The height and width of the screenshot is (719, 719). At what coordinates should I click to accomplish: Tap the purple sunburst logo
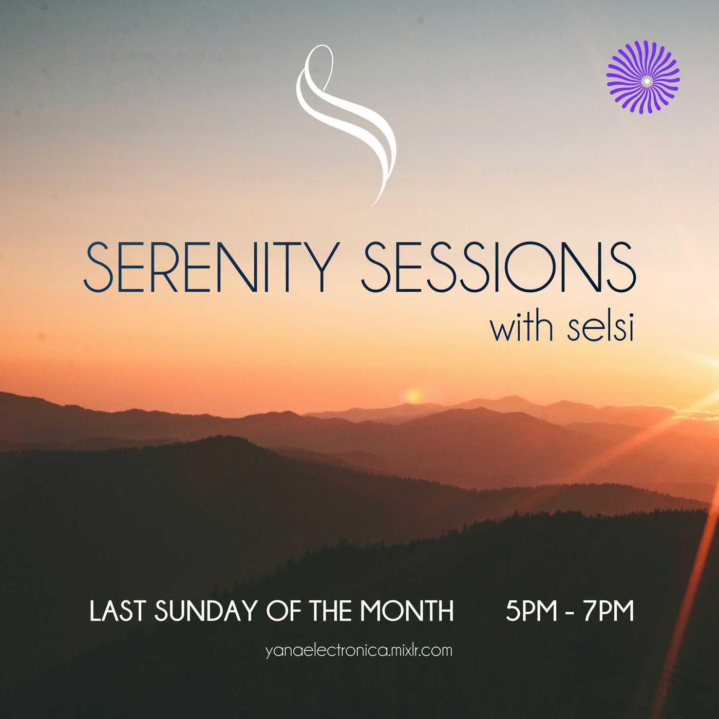tap(643, 77)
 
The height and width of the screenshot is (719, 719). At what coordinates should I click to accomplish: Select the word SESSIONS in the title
tap(499, 267)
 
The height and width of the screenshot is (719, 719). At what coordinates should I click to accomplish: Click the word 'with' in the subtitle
tap(522, 328)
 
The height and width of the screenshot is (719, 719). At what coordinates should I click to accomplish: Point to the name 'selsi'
tap(600, 328)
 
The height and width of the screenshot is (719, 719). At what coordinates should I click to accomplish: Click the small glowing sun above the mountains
tap(413, 396)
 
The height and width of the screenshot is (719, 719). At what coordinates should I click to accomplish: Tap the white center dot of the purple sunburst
tap(647, 81)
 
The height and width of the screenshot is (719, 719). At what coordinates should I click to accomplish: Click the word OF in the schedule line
tap(284, 611)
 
